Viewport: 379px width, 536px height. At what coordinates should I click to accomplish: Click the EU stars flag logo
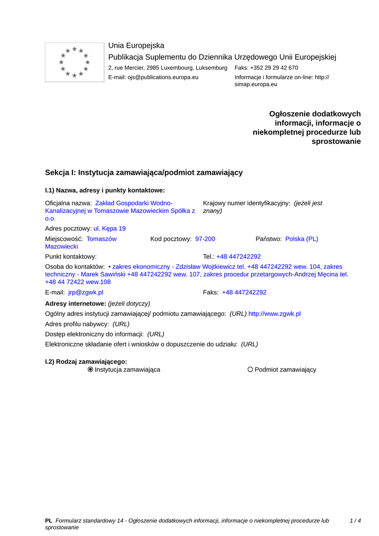tap(74, 62)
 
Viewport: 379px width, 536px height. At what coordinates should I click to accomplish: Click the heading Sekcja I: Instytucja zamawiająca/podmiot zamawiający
tap(144, 172)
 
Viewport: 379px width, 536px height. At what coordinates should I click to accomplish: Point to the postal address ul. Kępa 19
tap(109, 229)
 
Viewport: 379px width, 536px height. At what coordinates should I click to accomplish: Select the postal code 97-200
tap(205, 239)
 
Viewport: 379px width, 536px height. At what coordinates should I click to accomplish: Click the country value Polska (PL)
tap(302, 239)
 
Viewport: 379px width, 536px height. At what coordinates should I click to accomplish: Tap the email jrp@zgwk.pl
tap(86, 293)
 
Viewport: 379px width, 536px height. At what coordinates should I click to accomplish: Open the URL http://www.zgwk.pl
tap(274, 314)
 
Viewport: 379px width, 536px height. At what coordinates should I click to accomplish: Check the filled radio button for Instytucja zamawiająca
tap(91, 370)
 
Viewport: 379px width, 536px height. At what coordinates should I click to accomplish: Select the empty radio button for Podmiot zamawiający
tap(250, 370)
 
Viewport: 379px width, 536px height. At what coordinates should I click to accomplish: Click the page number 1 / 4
tap(355, 521)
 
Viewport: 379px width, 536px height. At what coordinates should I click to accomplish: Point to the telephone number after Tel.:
tap(239, 257)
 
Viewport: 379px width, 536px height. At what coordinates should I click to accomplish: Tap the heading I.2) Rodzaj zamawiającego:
tap(86, 361)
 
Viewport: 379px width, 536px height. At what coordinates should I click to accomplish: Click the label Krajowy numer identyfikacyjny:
tap(247, 203)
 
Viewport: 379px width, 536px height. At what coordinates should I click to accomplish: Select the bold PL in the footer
tap(49, 521)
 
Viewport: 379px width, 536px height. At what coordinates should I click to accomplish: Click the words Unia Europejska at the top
tap(136, 46)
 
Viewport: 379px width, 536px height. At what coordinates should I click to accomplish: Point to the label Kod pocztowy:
tap(171, 239)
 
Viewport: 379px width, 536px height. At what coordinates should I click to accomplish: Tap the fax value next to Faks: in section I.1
tap(244, 293)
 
